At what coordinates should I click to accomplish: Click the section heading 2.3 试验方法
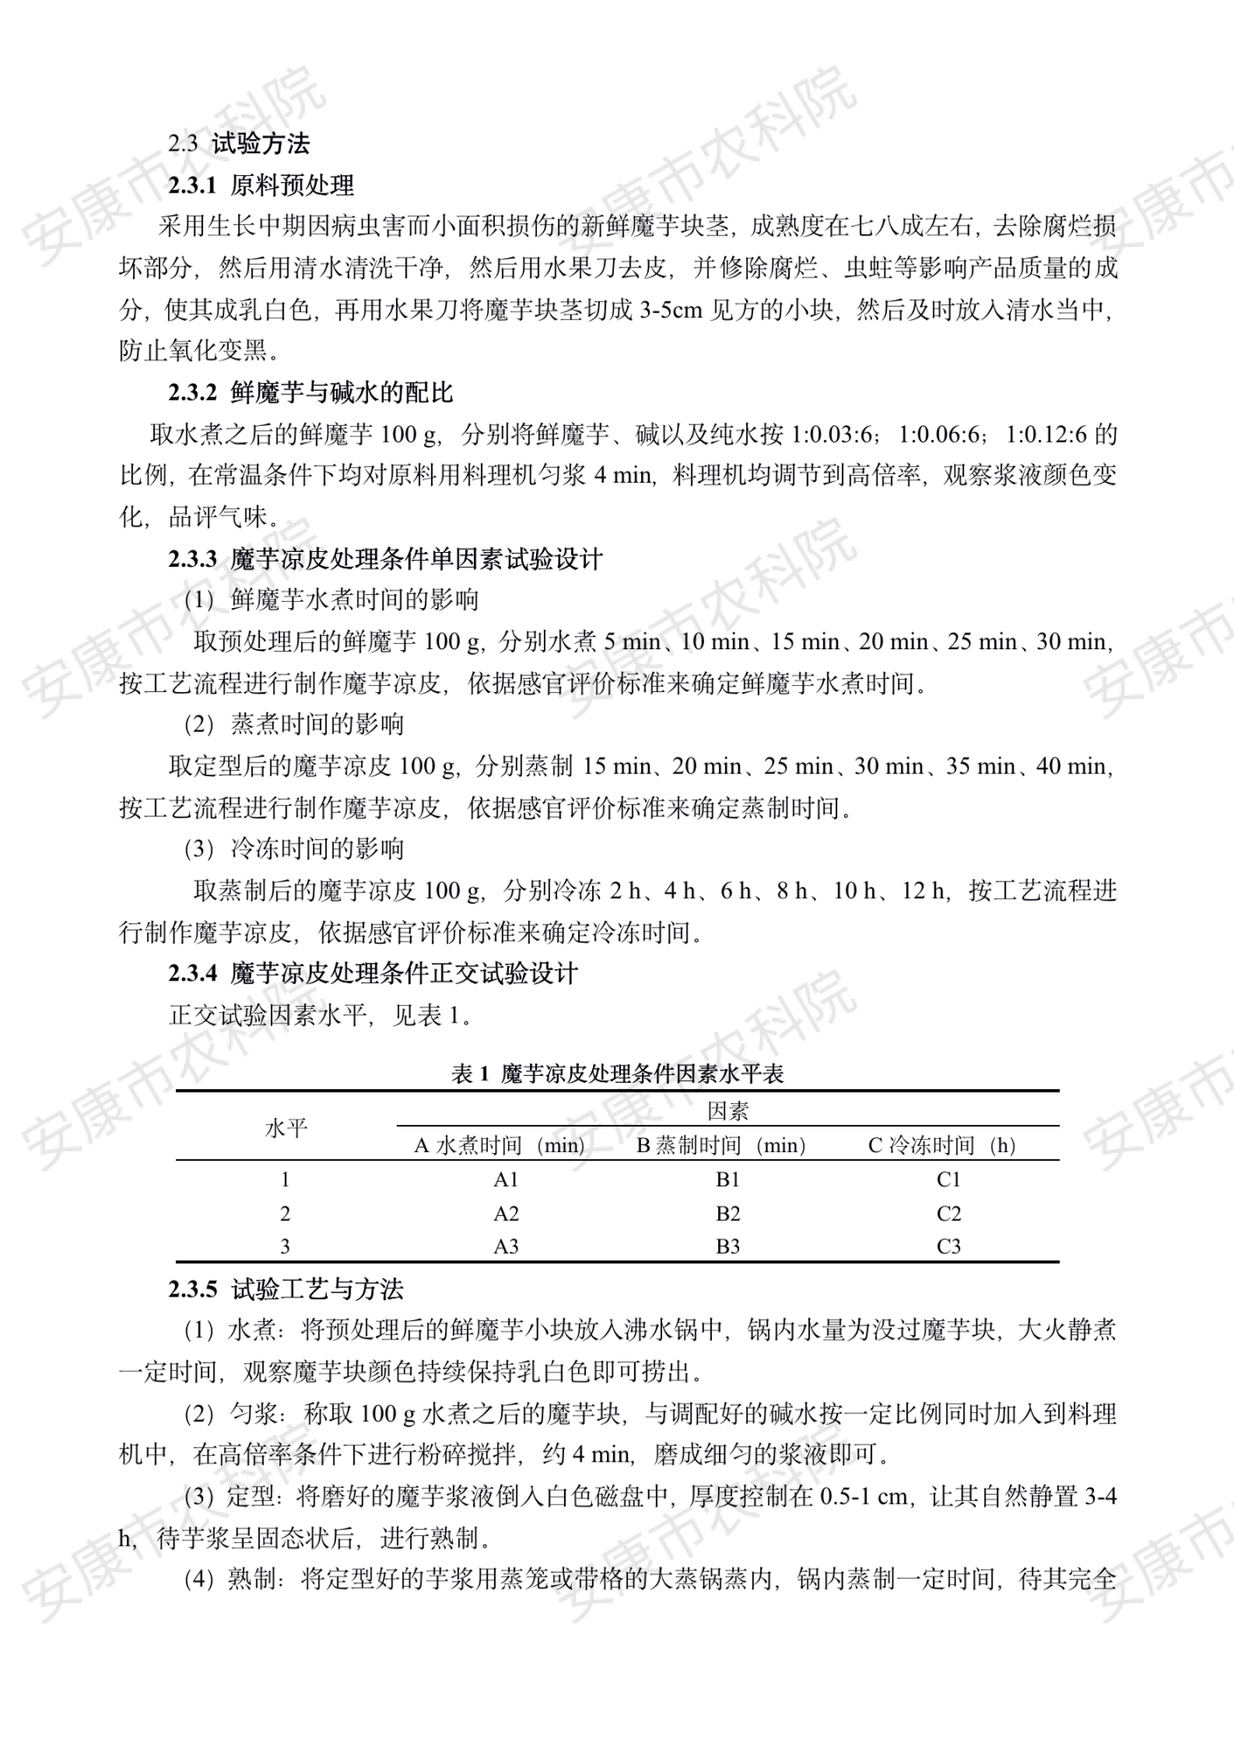pyautogui.click(x=239, y=144)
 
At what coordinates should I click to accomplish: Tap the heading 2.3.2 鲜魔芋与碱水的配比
pyautogui.click(x=311, y=393)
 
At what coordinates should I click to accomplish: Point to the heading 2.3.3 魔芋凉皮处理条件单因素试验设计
pyautogui.click(x=385, y=559)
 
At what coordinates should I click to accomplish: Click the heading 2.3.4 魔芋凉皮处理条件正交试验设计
pyautogui.click(x=373, y=973)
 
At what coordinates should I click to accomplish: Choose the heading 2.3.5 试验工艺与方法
pyautogui.click(x=286, y=1290)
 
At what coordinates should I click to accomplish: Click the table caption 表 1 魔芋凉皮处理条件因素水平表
pyautogui.click(x=617, y=1074)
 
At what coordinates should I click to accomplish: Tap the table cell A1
pyautogui.click(x=506, y=1180)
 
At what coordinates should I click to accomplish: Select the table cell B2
pyautogui.click(x=728, y=1214)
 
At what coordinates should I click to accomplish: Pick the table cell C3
pyautogui.click(x=948, y=1247)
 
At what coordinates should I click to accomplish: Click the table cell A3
pyautogui.click(x=506, y=1247)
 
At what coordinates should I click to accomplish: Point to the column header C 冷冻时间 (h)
pyautogui.click(x=941, y=1146)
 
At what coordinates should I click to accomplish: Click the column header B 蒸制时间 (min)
pyautogui.click(x=721, y=1146)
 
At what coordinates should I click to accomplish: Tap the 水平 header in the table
pyautogui.click(x=286, y=1128)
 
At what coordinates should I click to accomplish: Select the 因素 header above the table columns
pyautogui.click(x=728, y=1112)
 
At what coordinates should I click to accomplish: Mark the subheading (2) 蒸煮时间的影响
pyautogui.click(x=293, y=725)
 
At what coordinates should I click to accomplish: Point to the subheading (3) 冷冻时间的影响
pyautogui.click(x=293, y=849)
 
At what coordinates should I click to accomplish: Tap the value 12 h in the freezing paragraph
pyautogui.click(x=925, y=891)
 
